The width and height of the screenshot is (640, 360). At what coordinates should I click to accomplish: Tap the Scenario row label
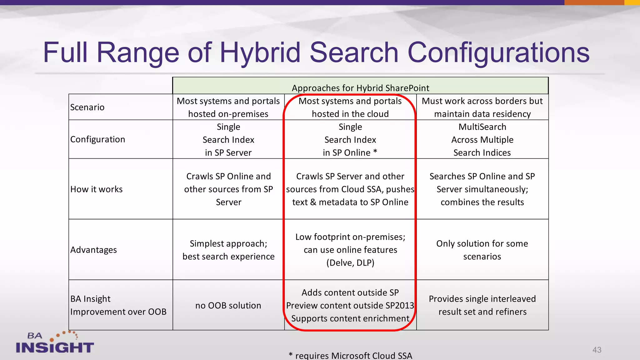[x=87, y=107]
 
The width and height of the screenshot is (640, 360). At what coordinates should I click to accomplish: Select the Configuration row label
[x=97, y=139]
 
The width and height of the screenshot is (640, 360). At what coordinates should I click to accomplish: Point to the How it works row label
[x=96, y=189]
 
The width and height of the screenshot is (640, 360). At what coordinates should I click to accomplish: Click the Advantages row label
[x=93, y=250]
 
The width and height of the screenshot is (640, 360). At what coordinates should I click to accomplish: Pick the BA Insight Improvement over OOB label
[x=118, y=305]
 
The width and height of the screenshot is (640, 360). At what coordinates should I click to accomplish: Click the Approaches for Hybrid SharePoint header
[x=360, y=88]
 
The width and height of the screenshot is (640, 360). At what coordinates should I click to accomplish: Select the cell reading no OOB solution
[x=228, y=306]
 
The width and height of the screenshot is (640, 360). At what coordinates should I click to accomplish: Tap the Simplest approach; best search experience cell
[x=228, y=250]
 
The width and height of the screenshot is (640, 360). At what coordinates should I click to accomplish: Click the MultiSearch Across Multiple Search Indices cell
[x=482, y=140]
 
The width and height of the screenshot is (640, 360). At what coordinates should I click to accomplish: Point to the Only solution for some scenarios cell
[x=482, y=250]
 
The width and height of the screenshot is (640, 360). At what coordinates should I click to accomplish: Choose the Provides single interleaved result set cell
[x=482, y=305]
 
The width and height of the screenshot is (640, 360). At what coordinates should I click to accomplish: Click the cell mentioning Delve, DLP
[x=350, y=250]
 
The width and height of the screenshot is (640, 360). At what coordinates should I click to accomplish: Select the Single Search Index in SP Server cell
[x=228, y=140]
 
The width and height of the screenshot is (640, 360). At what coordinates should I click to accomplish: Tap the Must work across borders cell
[x=482, y=107]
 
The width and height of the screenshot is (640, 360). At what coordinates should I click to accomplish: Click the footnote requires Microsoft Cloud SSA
[x=350, y=356]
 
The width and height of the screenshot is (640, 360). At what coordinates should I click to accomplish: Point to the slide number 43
[x=597, y=350]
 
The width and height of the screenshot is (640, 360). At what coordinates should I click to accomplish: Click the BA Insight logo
[x=55, y=343]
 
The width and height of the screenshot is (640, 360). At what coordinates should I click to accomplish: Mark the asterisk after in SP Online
[x=375, y=152]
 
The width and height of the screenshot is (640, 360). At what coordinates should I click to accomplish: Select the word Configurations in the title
[x=498, y=52]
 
